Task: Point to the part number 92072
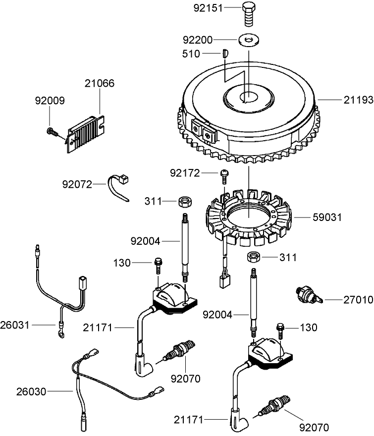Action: coord(77,184)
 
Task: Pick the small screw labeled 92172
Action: coord(224,175)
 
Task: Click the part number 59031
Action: coord(327,217)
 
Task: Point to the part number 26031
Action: coord(16,325)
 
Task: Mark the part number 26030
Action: coord(31,391)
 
